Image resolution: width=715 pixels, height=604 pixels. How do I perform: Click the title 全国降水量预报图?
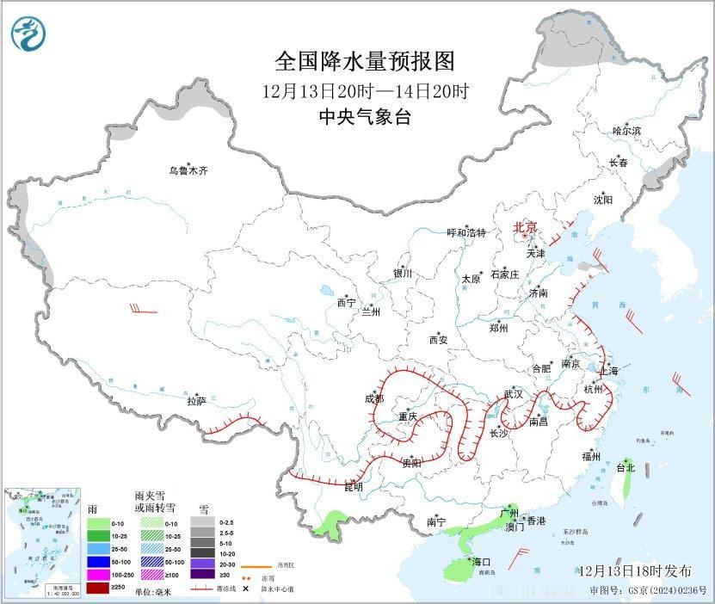coord(364,62)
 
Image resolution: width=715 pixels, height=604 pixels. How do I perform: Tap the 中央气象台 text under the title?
coord(364,117)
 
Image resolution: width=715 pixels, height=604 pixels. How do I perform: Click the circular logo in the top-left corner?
coord(28,33)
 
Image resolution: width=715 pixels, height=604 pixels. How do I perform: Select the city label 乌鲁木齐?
coord(188,171)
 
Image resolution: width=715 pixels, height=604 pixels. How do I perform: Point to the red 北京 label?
coord(525,227)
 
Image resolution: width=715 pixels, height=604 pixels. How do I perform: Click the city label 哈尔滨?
coord(626,131)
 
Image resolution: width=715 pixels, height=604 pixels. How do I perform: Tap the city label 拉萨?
coord(196,401)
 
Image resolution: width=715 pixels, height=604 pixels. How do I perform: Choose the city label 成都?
coord(373,398)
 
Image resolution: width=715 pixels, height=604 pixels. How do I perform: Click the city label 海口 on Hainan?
coord(480,562)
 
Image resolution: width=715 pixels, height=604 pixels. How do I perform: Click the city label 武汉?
coord(514,393)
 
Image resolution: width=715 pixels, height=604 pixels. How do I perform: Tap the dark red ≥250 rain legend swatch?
coord(98,587)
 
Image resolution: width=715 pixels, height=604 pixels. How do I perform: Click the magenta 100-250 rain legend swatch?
coord(98,575)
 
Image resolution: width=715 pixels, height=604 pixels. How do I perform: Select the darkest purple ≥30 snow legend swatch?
coord(203,575)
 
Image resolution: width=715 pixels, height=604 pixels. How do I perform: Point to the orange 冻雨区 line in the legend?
coord(251,567)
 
